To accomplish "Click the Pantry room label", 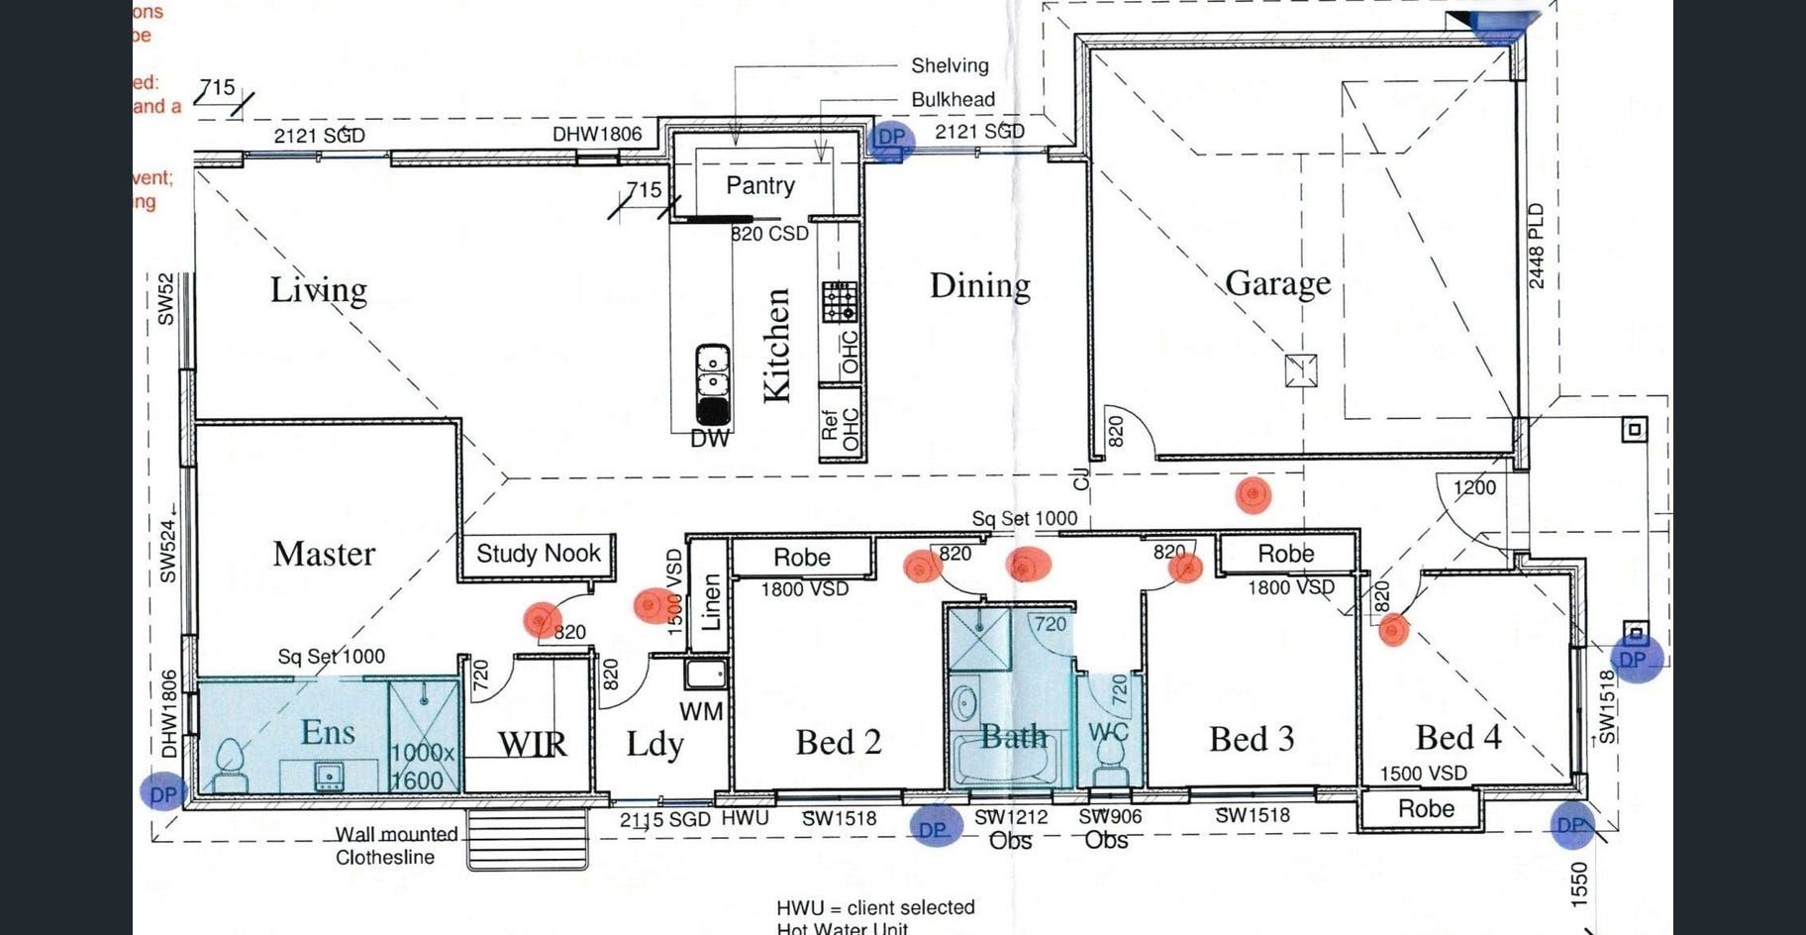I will (759, 185).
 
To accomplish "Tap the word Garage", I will (1277, 284).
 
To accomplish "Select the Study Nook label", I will (538, 554).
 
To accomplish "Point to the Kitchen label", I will (777, 346).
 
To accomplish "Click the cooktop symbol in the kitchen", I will (840, 301).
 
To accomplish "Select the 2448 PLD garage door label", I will (1536, 246).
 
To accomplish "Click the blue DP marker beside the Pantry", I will (890, 138).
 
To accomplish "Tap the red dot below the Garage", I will (1253, 493).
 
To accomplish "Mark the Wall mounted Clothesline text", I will (395, 846).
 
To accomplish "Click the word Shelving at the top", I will (950, 66).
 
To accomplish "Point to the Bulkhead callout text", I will (953, 100).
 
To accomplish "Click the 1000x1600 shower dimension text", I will (423, 767).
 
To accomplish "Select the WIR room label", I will (532, 744).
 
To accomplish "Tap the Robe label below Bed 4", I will (1426, 809).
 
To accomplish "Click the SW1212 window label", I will (1010, 817).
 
